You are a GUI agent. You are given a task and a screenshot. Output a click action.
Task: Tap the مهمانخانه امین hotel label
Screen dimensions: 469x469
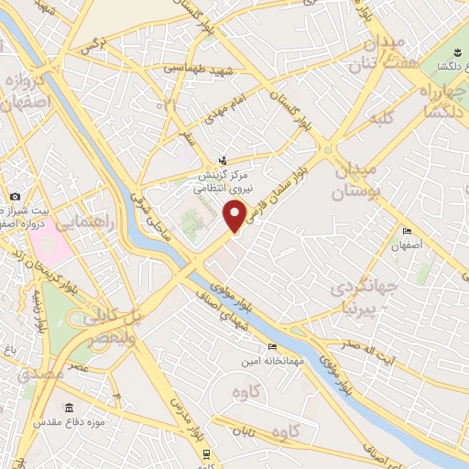(x=265, y=360)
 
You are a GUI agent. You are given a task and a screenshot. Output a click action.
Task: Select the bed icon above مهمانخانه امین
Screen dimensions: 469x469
(x=271, y=346)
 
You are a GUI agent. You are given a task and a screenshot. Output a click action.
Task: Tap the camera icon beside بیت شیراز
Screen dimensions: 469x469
(x=15, y=196)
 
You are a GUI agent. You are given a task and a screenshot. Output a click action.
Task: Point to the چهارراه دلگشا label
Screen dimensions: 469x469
(x=438, y=101)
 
